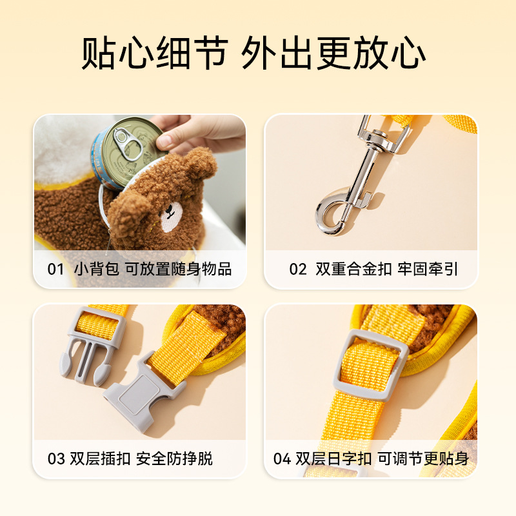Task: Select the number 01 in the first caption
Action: point(55,269)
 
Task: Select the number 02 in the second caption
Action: point(297,269)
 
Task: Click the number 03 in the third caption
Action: point(56,459)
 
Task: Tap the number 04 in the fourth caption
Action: point(282,459)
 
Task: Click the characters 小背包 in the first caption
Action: point(96,269)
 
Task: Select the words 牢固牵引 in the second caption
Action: point(428,269)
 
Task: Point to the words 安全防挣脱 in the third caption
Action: point(174,459)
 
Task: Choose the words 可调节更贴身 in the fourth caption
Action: point(423,459)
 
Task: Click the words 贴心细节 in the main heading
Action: point(155,53)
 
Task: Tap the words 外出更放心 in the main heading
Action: point(333,53)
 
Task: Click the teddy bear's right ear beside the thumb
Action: point(202,164)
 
